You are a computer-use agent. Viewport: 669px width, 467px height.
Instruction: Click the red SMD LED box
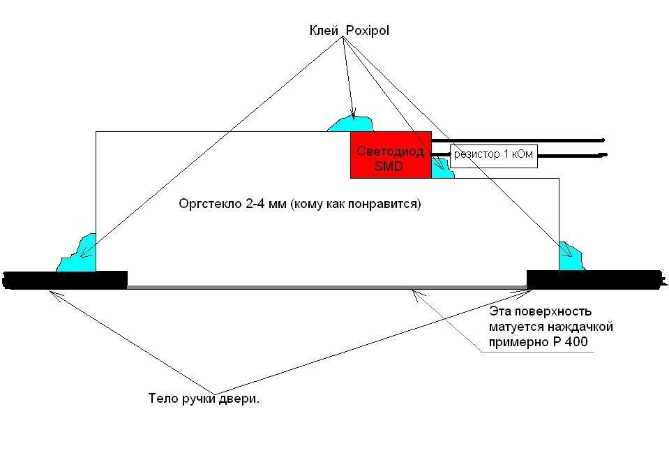391,154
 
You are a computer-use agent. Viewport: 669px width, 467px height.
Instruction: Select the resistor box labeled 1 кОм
494,156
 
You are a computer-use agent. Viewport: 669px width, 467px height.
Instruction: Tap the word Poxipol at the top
368,31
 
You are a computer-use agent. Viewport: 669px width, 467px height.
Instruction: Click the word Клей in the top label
324,31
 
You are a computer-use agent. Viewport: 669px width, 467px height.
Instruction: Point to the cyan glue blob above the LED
351,124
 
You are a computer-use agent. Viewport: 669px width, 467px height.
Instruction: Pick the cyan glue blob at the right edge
571,257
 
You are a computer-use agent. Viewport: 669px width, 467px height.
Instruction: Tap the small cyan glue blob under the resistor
442,168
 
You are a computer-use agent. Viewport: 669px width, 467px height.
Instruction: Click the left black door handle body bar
65,280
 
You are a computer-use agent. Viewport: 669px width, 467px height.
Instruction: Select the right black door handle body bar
596,280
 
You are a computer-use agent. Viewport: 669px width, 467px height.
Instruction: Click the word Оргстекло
211,204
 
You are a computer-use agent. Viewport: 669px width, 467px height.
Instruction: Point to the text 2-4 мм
266,204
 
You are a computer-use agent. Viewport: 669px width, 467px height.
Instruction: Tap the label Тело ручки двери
204,399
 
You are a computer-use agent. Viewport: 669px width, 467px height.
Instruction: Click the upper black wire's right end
603,140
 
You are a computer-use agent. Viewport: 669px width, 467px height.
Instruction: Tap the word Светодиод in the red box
391,151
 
